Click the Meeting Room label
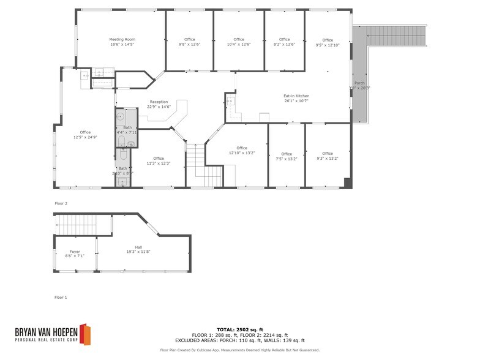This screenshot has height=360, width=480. [122, 42]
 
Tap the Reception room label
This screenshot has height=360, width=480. [159, 104]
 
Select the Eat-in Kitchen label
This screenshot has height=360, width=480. [296, 98]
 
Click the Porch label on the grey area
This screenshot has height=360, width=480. [359, 85]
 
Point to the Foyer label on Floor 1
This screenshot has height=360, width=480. [75, 253]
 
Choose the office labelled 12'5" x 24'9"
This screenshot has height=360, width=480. [85, 135]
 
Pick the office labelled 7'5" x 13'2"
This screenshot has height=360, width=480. [287, 156]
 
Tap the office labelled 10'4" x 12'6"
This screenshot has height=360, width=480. [239, 42]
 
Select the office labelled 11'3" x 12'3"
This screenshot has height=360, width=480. [159, 160]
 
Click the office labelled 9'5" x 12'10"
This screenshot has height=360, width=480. [328, 42]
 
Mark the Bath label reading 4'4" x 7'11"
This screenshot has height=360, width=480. [127, 129]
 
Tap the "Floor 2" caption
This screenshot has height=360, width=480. [61, 203]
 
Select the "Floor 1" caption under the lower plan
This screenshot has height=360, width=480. [61, 297]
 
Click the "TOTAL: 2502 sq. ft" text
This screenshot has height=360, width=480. [239, 329]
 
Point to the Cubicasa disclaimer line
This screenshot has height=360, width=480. [239, 350]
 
